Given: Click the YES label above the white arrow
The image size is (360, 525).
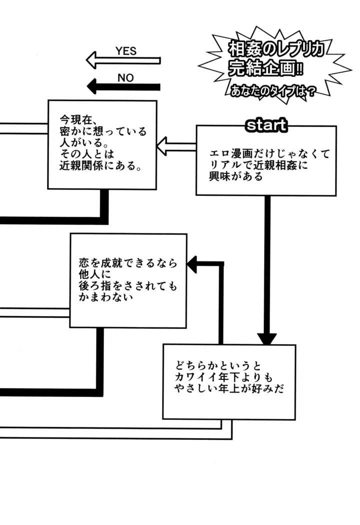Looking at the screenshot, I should point(125,51).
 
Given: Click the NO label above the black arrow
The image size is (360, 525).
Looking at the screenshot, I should point(125,78).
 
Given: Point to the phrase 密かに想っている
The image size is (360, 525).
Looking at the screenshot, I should point(101,131).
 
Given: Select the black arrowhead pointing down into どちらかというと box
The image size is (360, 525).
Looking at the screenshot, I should point(266,338).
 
